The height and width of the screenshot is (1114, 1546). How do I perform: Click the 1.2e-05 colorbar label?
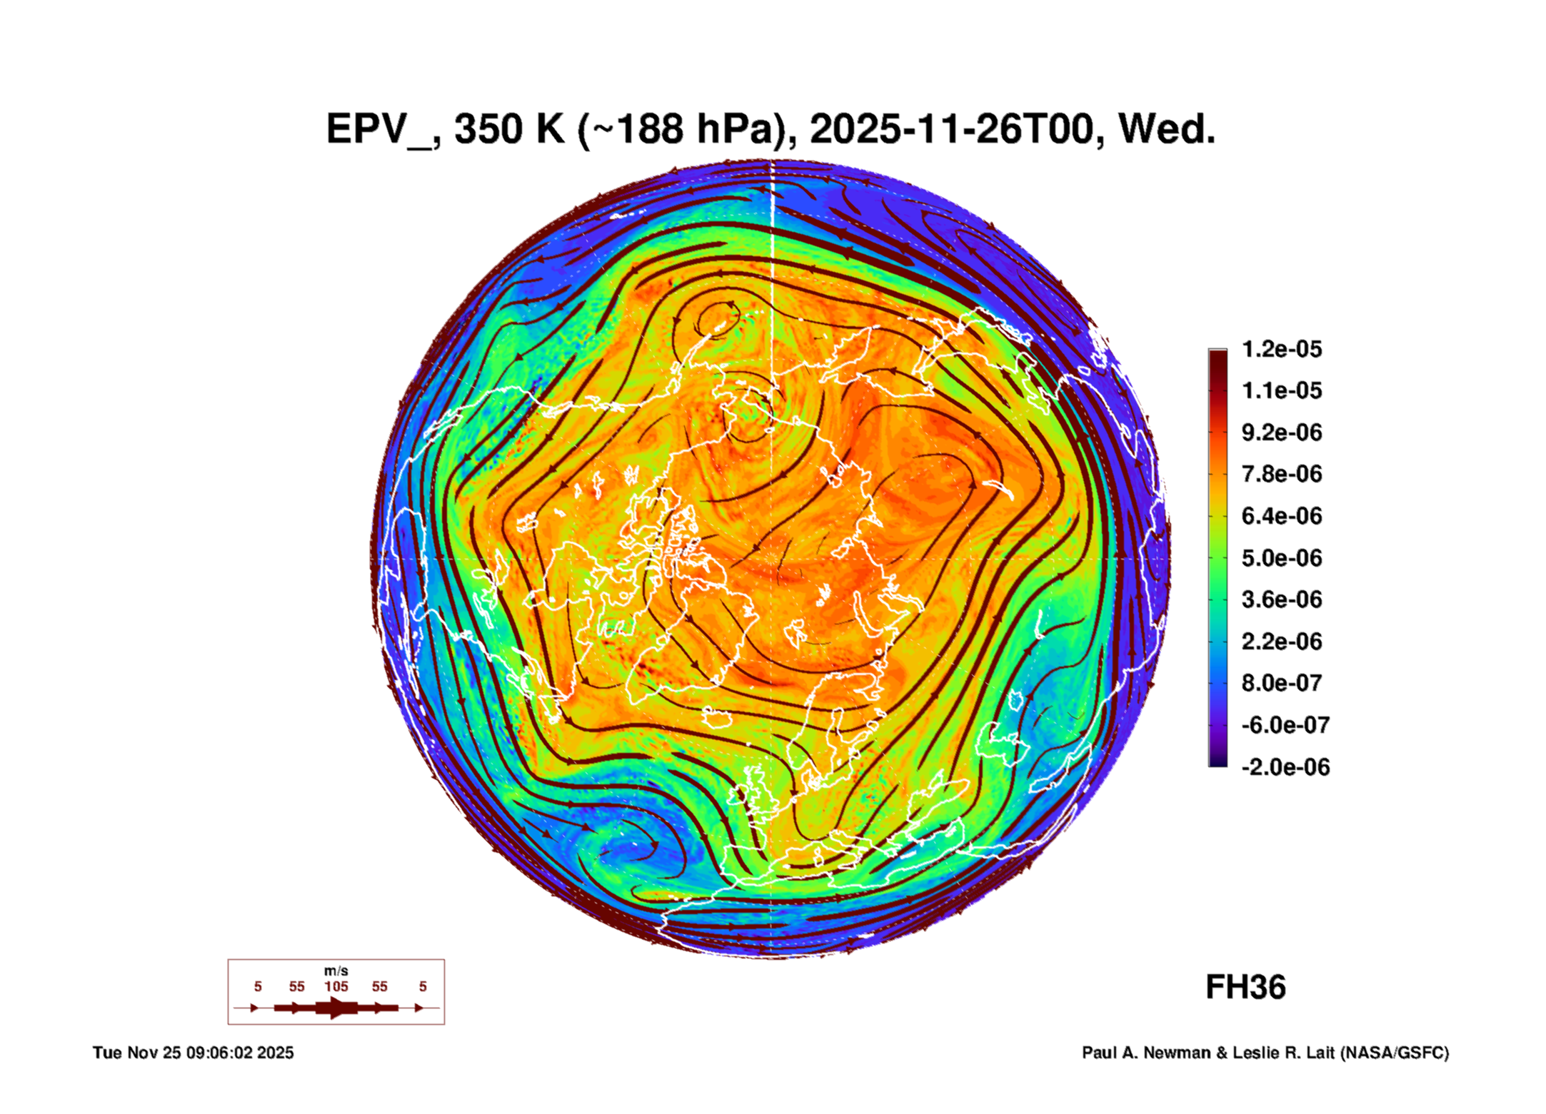(x=1281, y=349)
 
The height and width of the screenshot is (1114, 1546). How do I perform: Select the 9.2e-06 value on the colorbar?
(x=1281, y=432)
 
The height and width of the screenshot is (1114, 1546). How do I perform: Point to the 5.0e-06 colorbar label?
(x=1281, y=558)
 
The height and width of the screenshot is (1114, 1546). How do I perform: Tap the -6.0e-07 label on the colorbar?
(x=1285, y=725)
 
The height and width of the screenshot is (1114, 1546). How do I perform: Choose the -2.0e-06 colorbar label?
(x=1285, y=767)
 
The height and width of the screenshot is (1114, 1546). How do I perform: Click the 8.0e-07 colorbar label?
(x=1281, y=683)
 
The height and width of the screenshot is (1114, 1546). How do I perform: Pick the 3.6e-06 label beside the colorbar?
(x=1281, y=599)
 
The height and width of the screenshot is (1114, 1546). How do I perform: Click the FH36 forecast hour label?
(x=1245, y=988)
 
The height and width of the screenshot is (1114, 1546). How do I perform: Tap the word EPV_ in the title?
(x=378, y=130)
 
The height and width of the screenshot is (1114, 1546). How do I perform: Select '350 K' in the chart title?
(x=509, y=130)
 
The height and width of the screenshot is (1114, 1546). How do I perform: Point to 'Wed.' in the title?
(x=1166, y=130)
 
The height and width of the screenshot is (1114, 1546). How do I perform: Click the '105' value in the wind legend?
(x=336, y=986)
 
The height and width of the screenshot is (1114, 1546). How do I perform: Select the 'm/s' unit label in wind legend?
(x=336, y=971)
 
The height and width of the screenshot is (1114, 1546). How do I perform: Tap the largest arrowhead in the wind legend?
(x=336, y=1008)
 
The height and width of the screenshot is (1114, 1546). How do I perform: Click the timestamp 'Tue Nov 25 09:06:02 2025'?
(x=193, y=1053)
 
